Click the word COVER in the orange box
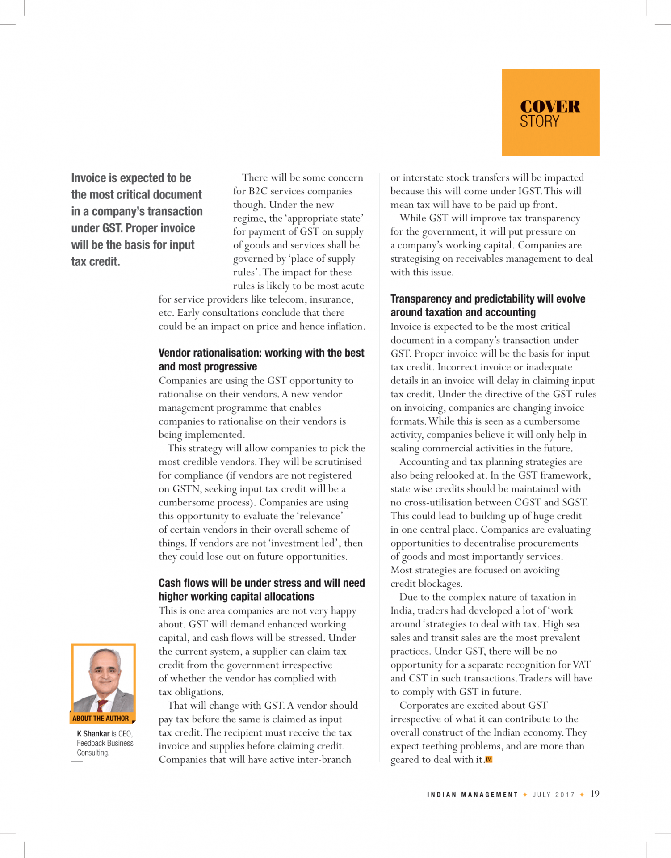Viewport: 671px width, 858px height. [x=549, y=107]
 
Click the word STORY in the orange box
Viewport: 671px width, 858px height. [x=539, y=122]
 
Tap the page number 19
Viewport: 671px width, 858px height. [x=595, y=794]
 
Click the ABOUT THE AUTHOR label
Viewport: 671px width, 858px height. [x=101, y=718]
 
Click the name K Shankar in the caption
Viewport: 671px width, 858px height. [x=93, y=733]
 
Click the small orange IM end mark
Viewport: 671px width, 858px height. [x=489, y=759]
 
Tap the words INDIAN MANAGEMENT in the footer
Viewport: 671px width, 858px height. [x=472, y=795]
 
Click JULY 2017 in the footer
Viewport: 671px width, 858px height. [x=553, y=795]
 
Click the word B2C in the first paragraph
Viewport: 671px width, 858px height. [x=258, y=191]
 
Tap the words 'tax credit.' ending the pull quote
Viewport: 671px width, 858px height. [x=96, y=261]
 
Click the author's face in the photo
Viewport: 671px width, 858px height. [x=104, y=672]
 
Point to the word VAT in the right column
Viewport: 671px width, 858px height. [x=581, y=665]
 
